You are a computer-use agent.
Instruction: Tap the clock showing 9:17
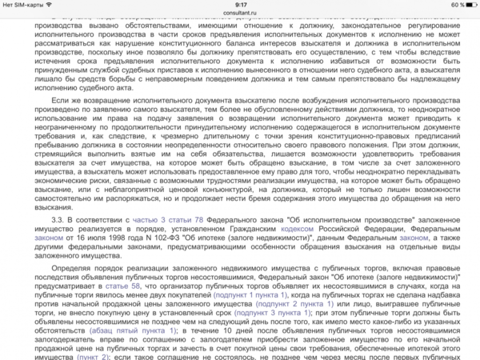pos(240,5)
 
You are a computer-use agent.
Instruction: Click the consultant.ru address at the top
pos(240,14)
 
